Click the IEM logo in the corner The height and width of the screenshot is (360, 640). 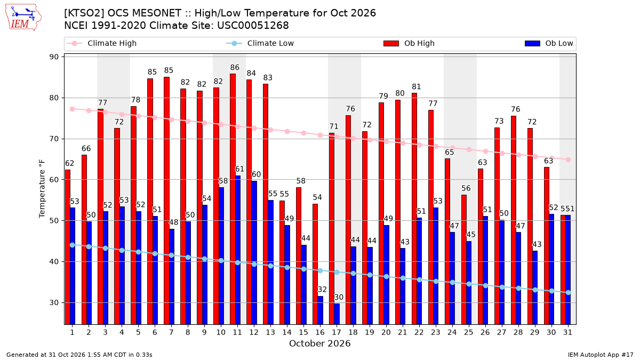click(23, 18)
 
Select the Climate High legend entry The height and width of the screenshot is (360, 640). click(101, 43)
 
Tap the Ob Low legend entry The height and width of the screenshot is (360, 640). click(549, 43)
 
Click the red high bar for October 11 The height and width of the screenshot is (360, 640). click(233, 199)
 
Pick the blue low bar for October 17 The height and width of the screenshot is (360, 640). click(337, 314)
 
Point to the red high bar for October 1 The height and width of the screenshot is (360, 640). click(68, 247)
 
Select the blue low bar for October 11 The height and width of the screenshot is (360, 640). click(238, 250)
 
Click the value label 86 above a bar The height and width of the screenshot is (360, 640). click(235, 67)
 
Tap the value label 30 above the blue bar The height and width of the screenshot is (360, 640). click(339, 298)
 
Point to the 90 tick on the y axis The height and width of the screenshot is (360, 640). click(54, 57)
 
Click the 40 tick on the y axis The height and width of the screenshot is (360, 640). click(54, 262)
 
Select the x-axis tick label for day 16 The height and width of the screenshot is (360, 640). click(320, 333)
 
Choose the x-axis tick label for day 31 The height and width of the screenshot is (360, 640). click(567, 333)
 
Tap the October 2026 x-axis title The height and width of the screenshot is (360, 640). click(320, 343)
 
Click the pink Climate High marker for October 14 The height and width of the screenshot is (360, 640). click(287, 131)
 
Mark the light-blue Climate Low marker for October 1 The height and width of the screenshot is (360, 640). click(73, 245)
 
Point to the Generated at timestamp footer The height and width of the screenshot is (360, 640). click(79, 355)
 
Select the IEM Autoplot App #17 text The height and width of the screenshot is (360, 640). click(601, 355)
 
